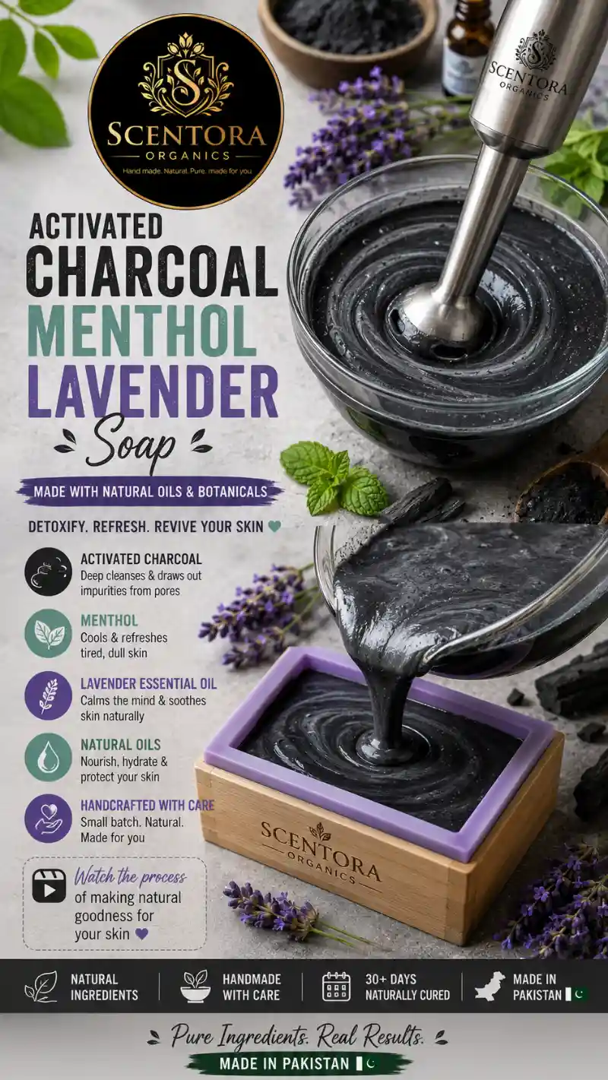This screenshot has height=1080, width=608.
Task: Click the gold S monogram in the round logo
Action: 185,81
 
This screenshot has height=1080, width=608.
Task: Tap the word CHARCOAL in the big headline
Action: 152,271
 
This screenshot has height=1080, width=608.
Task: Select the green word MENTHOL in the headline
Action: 142,331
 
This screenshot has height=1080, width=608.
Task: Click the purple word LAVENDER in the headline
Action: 153,391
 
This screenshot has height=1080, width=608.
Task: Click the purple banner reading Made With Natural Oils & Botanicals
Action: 150,491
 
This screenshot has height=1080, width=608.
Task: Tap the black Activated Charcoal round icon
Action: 48,572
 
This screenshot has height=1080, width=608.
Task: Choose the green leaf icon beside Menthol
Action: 48,634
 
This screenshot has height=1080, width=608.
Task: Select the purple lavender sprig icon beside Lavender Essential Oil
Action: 48,695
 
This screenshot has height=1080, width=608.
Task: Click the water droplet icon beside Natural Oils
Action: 48,758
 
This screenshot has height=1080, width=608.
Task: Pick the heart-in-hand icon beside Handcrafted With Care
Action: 48,819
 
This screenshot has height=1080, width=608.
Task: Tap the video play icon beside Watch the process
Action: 49,885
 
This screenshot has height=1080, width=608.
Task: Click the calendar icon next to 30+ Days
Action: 336,987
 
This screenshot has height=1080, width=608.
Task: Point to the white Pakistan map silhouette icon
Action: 490,986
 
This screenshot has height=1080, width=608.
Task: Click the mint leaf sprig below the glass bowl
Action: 333,478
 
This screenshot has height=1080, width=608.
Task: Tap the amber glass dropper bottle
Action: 465,47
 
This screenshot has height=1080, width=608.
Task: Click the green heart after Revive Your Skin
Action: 274,527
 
